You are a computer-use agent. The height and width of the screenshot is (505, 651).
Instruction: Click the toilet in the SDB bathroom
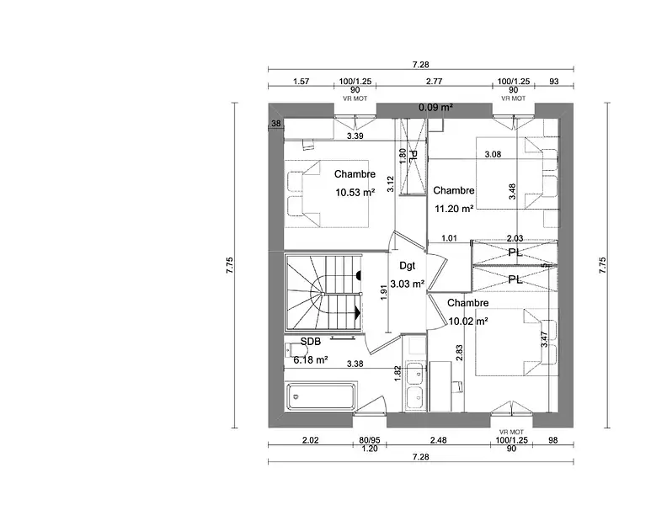293,350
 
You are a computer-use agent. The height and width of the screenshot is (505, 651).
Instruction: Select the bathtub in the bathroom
321,396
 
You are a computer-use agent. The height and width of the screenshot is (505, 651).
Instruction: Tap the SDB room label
311,341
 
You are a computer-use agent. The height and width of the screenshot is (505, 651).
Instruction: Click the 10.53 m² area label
355,192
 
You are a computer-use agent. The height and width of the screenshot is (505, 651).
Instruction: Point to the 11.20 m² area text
454,208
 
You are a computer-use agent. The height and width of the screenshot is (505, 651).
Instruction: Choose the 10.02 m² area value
468,321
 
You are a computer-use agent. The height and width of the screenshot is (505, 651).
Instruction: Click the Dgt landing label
408,266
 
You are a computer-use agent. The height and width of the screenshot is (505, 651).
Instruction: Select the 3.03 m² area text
408,284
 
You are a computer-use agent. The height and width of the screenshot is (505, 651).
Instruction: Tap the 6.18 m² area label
311,359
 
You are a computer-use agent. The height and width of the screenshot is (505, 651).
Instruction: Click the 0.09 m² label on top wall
435,107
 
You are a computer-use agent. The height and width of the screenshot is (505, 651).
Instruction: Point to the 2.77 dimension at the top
434,82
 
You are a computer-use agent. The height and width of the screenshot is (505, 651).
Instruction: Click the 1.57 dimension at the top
301,82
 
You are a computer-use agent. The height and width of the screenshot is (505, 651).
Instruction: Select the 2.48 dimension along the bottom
439,440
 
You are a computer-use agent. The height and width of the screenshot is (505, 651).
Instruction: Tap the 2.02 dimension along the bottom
310,440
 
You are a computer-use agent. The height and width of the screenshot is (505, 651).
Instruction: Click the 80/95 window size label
370,440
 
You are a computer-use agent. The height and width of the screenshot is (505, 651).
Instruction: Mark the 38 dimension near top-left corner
276,123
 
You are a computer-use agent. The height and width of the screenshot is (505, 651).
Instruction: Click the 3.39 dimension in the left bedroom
355,136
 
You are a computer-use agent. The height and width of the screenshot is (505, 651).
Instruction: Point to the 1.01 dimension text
449,238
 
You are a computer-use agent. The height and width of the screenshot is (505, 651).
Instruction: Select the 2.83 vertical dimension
459,353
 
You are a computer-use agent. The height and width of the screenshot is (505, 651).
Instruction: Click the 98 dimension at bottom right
553,440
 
